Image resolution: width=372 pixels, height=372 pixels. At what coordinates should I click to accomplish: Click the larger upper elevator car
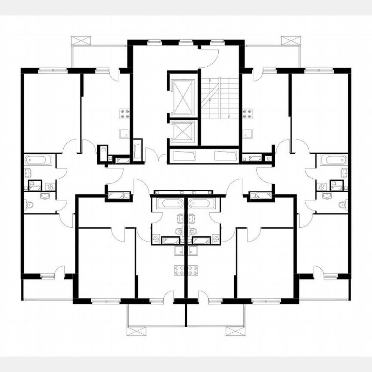pyautogui.click(x=183, y=98)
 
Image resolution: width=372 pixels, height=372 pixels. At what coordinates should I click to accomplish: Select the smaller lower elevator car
pyautogui.click(x=183, y=131)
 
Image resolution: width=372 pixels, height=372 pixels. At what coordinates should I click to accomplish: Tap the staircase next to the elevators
pyautogui.click(x=220, y=99)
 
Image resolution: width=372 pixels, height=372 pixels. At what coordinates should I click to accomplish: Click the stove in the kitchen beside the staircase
pyautogui.click(x=247, y=114)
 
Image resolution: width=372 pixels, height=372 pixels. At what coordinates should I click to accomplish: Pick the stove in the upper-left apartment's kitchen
pyautogui.click(x=125, y=114)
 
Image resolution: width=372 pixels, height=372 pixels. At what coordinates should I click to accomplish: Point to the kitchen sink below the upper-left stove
pyautogui.click(x=124, y=133)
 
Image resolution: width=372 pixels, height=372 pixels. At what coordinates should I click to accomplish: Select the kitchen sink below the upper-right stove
pyautogui.click(x=248, y=133)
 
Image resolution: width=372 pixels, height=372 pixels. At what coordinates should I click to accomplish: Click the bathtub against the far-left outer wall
pyautogui.click(x=38, y=160)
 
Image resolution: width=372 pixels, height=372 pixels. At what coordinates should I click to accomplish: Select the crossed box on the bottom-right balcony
pyautogui.click(x=236, y=331)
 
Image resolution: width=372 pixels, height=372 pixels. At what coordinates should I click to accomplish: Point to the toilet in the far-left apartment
pyautogui.click(x=29, y=205)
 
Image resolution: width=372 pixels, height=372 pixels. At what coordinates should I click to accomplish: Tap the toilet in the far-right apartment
pyautogui.click(x=343, y=205)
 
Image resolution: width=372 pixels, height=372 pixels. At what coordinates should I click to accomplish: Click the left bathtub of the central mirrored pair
pyautogui.click(x=168, y=204)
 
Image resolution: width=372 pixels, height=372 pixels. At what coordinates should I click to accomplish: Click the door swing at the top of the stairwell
pyautogui.click(x=211, y=59)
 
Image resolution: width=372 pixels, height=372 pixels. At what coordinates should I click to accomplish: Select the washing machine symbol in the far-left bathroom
pyautogui.click(x=50, y=186)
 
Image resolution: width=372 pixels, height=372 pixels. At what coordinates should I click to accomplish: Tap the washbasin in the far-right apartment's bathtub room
pyautogui.click(x=344, y=173)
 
